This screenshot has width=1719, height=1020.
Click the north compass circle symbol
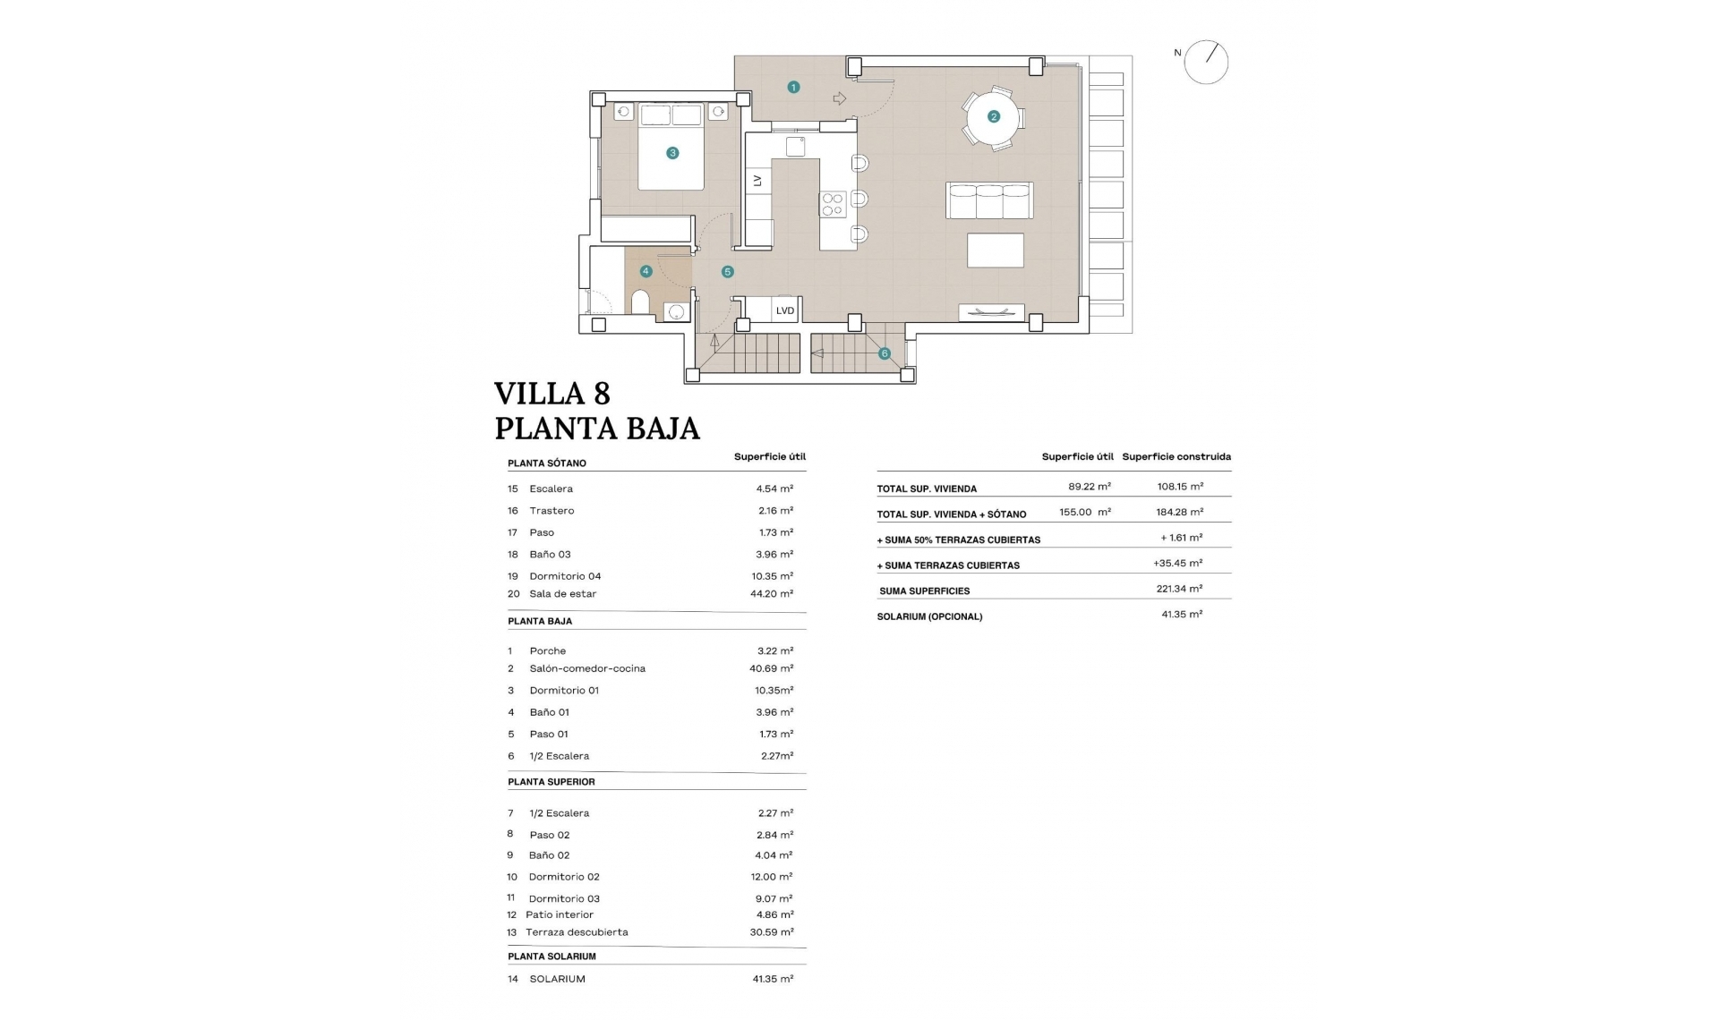point(1205,63)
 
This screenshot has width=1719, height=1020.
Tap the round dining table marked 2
point(993,116)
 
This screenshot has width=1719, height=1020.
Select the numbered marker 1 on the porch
point(793,87)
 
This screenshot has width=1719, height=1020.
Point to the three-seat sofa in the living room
point(989,201)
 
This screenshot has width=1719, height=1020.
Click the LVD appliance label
point(785,310)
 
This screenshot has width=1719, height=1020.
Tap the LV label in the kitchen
point(757,181)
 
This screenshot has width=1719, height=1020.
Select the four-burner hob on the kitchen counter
point(833,204)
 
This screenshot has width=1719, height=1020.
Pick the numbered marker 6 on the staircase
point(885,353)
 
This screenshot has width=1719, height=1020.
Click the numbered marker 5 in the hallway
point(728,271)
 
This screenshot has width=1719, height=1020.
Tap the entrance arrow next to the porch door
point(839,98)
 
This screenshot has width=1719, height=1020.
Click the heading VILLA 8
point(552,394)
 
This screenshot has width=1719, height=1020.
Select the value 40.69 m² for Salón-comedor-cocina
point(772,668)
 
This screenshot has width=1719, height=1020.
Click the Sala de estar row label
point(562,594)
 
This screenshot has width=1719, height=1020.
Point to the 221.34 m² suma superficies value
point(1179,589)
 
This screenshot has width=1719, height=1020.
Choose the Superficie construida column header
point(1176,456)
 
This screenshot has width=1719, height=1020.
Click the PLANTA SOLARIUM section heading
point(552,956)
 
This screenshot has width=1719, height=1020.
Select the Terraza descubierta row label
point(577,932)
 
